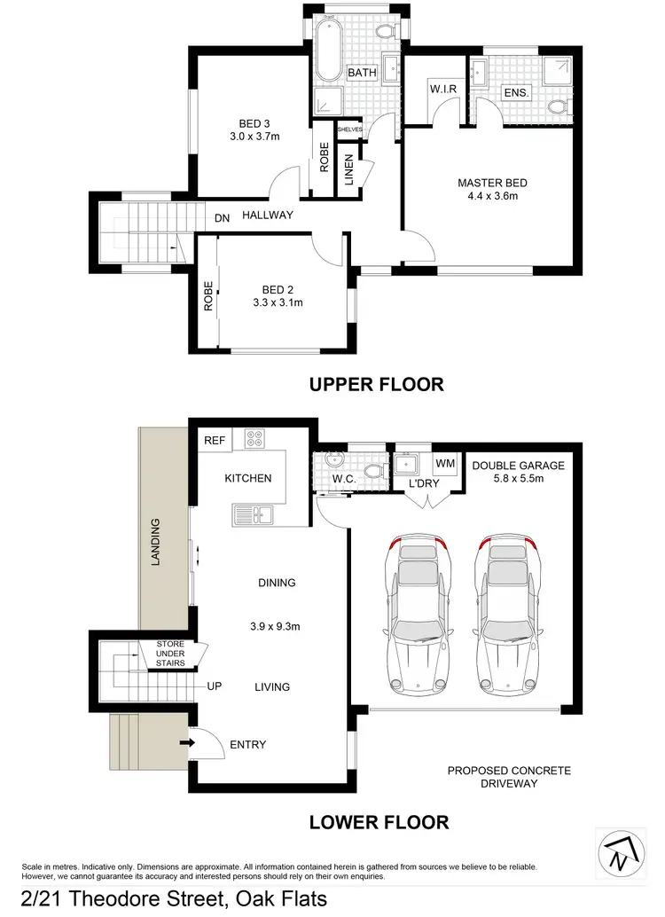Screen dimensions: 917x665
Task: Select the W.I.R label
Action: [442, 90]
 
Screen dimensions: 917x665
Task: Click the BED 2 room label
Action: [278, 289]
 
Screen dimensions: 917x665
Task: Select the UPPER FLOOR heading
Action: [376, 384]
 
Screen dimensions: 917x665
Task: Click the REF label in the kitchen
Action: [214, 440]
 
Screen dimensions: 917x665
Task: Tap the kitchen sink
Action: [252, 513]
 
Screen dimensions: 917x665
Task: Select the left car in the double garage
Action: [414, 615]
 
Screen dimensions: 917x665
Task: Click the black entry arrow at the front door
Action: [187, 741]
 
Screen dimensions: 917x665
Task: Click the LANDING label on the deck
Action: [155, 543]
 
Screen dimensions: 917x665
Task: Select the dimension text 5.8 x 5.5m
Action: [518, 479]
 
